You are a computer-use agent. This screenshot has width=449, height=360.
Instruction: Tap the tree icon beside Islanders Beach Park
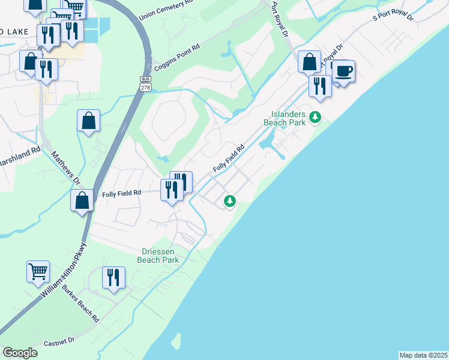[313, 118]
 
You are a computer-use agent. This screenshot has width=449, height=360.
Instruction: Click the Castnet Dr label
[59, 341]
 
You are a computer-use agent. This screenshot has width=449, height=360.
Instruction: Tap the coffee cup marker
[343, 71]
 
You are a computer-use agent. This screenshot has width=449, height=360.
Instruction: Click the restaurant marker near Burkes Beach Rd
[113, 278]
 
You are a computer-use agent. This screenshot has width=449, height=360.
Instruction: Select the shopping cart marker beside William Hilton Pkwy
[38, 271]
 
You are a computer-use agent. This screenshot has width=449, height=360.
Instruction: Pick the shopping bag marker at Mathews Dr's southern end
[82, 201]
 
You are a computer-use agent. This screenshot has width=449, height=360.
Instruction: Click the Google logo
[20, 353]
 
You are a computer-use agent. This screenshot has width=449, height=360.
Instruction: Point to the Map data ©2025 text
[423, 355]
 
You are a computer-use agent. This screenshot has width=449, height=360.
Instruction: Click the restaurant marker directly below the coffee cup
[320, 85]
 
